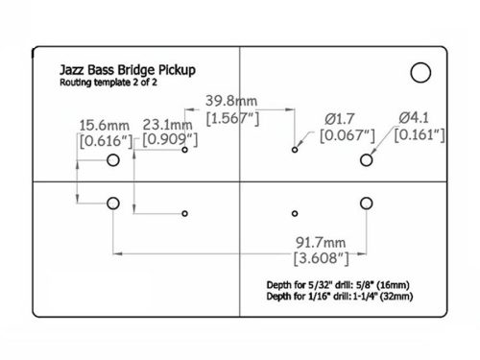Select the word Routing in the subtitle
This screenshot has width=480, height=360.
(71, 86)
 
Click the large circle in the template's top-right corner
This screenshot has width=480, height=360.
(420, 71)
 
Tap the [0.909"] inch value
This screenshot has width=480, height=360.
(171, 141)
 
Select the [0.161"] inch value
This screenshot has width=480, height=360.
(420, 135)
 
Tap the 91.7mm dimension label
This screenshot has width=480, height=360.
(318, 241)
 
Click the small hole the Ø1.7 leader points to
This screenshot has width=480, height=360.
(294, 151)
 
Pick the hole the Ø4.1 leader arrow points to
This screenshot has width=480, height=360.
(366, 160)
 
